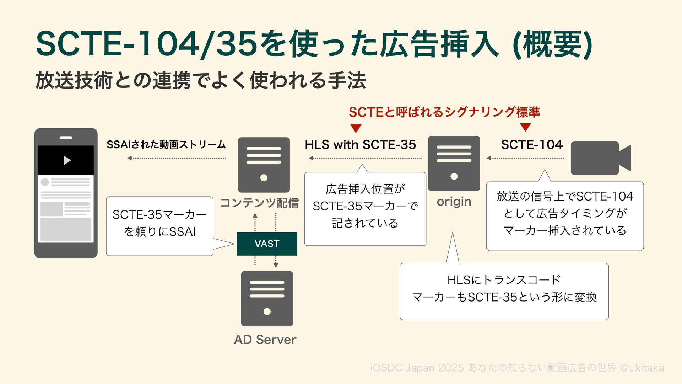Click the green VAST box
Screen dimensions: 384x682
click(267, 244)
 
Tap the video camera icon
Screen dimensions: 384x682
click(600, 158)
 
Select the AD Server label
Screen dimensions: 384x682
click(265, 340)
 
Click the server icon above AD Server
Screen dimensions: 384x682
click(267, 299)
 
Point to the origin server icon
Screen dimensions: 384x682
click(454, 163)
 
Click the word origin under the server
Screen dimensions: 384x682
click(454, 202)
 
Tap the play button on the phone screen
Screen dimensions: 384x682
click(67, 160)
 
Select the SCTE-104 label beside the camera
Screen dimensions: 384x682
click(532, 145)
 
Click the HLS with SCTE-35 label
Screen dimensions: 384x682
click(360, 145)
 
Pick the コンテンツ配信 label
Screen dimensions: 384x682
click(259, 203)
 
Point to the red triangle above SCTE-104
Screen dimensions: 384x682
click(525, 127)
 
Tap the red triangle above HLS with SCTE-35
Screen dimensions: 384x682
click(356, 128)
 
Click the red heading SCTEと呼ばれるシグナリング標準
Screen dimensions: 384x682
click(444, 112)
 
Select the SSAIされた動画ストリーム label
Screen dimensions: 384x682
click(166, 145)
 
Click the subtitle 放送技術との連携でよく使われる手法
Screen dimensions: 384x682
click(201, 80)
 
